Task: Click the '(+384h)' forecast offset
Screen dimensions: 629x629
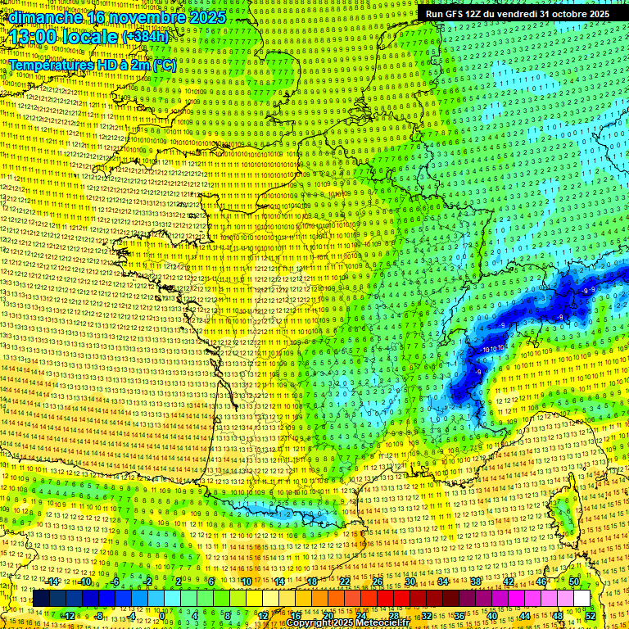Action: (145, 37)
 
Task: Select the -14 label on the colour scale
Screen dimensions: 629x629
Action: (52, 582)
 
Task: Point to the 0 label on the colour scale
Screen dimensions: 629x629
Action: (163, 615)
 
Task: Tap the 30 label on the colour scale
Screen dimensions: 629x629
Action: (410, 582)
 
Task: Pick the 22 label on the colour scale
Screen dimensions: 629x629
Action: (345, 582)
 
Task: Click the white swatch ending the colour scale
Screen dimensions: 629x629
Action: (581, 599)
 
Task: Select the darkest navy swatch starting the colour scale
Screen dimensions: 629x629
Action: (41, 599)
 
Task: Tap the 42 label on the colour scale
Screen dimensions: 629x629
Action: (508, 582)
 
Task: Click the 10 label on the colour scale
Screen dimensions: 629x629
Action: (246, 582)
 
